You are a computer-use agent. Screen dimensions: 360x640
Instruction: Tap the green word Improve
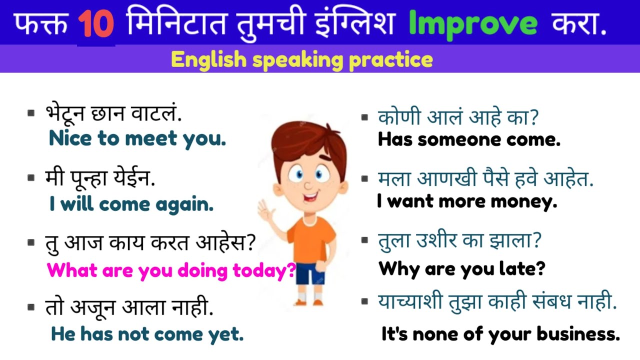click(473, 24)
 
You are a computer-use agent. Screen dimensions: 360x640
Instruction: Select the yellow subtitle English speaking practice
click(301, 60)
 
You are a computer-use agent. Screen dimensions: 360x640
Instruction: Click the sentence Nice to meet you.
click(137, 138)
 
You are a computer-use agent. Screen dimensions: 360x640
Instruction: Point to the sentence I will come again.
click(131, 203)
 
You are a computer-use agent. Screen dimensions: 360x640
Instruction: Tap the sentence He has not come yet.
click(147, 334)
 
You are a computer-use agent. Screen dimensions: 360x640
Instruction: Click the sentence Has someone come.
click(469, 139)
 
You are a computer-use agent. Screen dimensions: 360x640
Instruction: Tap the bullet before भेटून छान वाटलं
click(31, 113)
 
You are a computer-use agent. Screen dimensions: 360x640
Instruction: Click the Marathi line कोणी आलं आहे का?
click(458, 118)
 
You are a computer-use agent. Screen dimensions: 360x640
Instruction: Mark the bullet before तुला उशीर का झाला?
click(364, 240)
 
